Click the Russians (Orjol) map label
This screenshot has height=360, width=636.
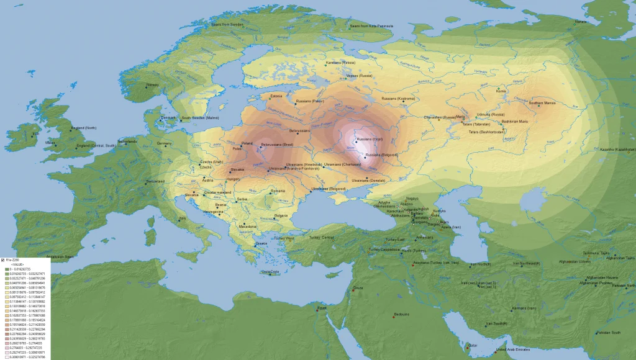370,140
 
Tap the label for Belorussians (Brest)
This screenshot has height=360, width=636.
277,145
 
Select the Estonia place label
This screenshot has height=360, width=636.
276,96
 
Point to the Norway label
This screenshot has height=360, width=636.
153,84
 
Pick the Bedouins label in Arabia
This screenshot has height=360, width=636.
402,314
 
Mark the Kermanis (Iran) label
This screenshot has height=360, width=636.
523,308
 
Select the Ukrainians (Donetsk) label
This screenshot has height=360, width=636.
369,180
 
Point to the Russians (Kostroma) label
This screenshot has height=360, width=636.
398,99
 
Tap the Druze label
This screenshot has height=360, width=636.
358,287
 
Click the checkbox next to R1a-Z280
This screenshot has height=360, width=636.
2,260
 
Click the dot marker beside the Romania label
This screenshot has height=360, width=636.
269,193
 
